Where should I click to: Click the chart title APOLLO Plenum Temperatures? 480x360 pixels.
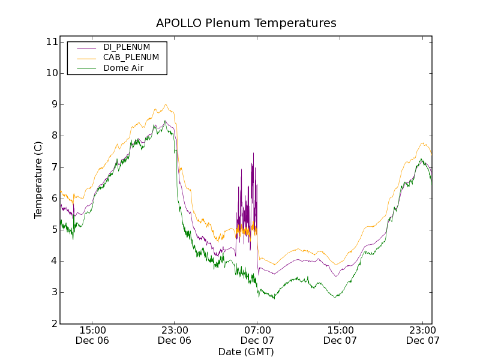[x=246, y=23]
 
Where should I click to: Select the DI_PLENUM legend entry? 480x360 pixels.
[x=127, y=47]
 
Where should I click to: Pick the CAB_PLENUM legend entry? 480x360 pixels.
[x=131, y=58]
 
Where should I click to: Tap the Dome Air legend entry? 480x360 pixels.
[x=123, y=68]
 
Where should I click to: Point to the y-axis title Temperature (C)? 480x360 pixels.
[x=38, y=180]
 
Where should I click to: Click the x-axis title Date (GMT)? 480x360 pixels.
[x=246, y=352]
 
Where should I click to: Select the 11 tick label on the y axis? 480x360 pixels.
[x=50, y=42]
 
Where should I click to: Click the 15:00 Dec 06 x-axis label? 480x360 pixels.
[x=92, y=335]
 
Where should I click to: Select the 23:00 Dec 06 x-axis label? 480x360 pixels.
[x=175, y=335]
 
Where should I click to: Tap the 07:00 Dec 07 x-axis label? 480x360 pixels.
[x=257, y=335]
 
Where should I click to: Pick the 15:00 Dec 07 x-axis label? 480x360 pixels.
[x=340, y=335]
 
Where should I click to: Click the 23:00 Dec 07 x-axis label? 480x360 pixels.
[x=423, y=335]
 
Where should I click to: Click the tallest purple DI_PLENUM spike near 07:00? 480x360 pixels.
[x=253, y=154]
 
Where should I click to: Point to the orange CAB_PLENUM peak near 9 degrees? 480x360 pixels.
[x=166, y=105]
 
